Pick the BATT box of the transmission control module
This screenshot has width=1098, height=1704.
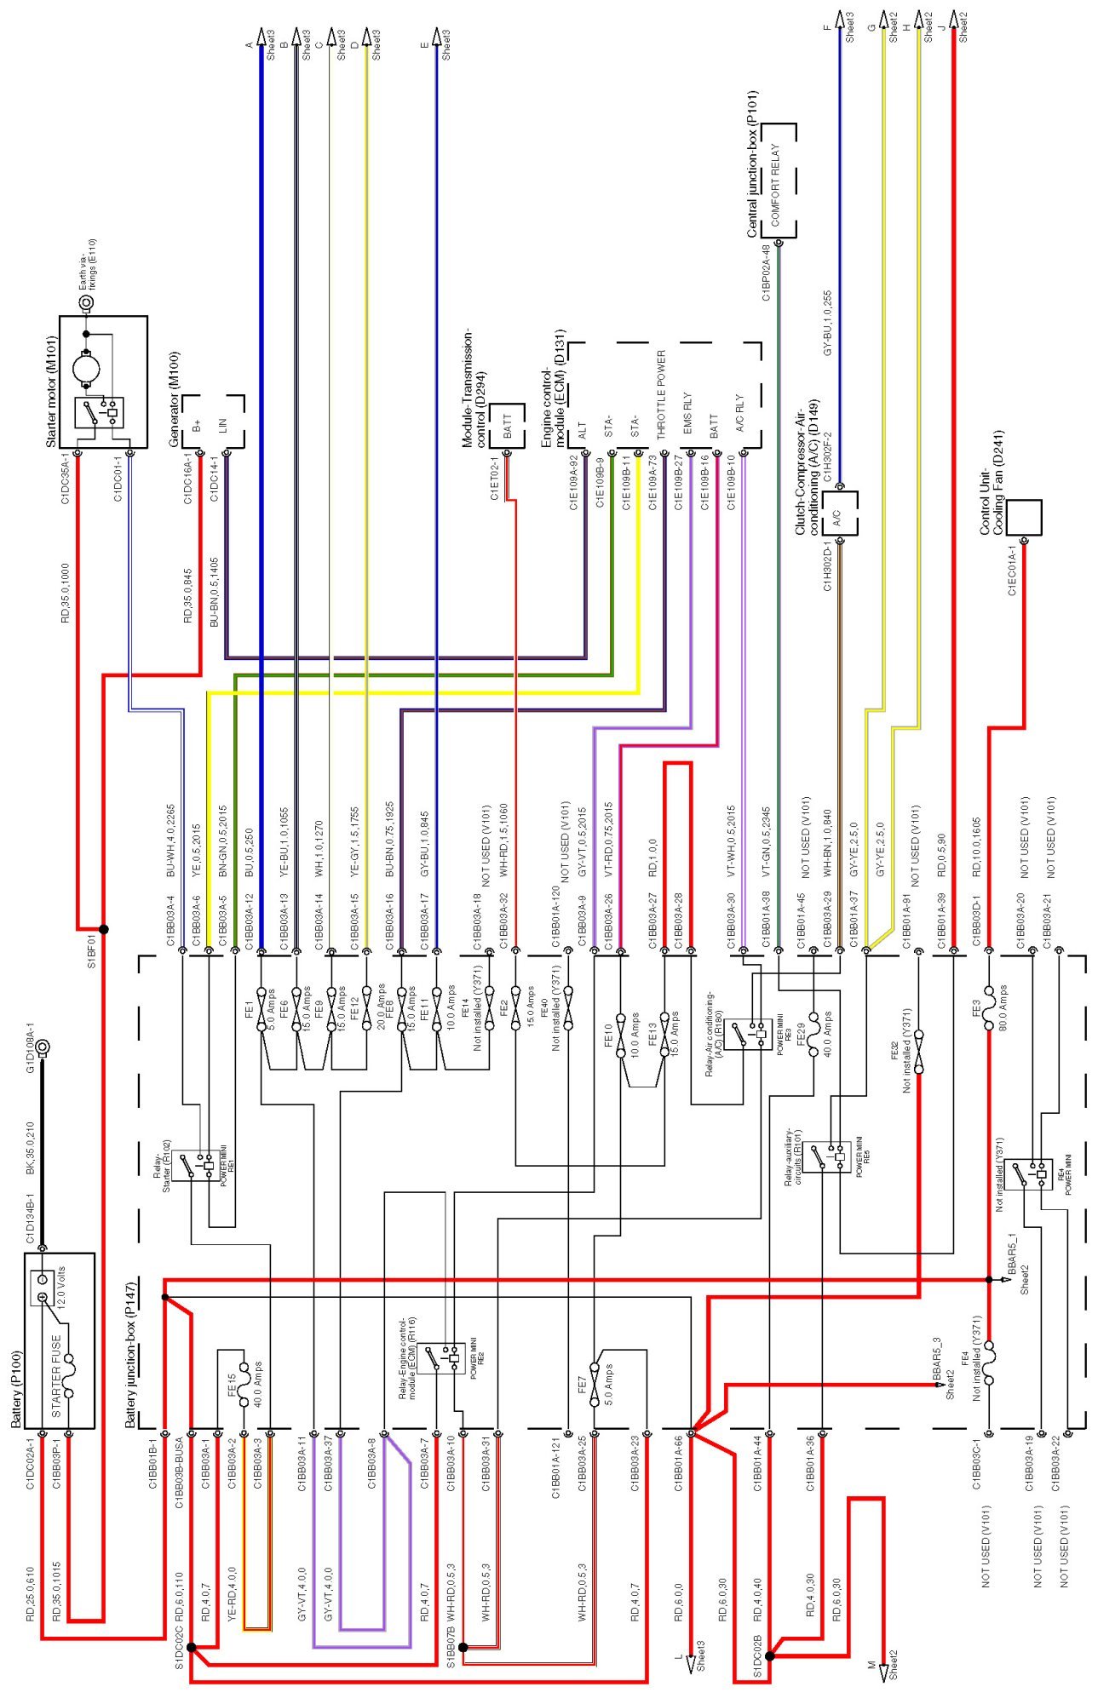(509, 424)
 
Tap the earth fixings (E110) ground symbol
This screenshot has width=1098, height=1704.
(85, 301)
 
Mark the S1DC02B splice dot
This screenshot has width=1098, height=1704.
(769, 1655)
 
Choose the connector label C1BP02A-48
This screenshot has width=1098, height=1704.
(766, 273)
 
